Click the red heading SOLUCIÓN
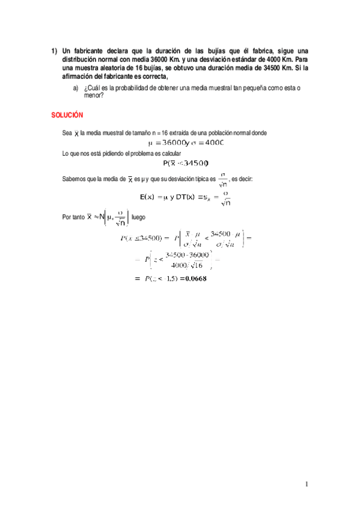pos(67,114)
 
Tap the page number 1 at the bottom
pos(306,484)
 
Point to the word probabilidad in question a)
pos(133,88)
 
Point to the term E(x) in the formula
pos(150,197)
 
